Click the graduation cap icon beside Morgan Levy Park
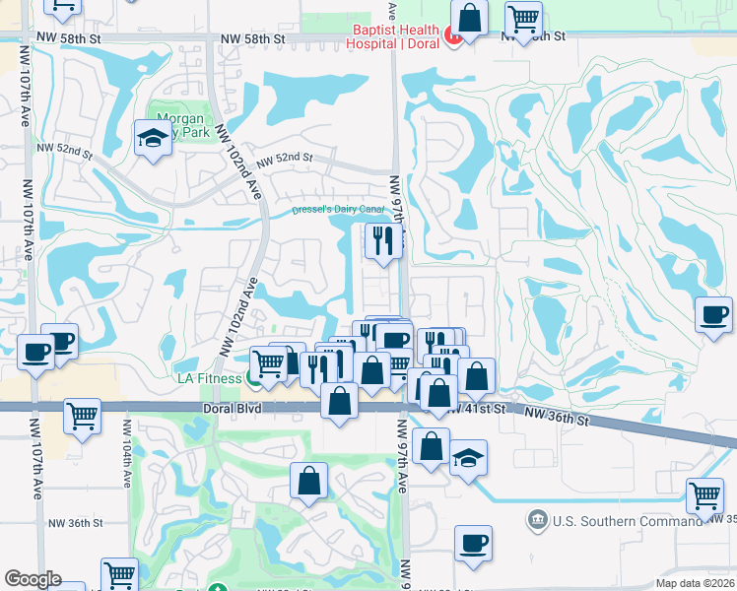[x=153, y=137]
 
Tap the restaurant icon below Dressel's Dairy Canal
[x=381, y=239]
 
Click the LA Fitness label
[x=210, y=378]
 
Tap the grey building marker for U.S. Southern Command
[x=537, y=519]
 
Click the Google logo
[x=33, y=579]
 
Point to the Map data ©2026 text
[x=695, y=583]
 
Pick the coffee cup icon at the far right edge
[x=713, y=315]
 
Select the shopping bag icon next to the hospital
[x=470, y=17]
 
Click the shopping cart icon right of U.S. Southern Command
[x=704, y=495]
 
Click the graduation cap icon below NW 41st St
[x=469, y=457]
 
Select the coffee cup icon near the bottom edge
[x=473, y=543]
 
